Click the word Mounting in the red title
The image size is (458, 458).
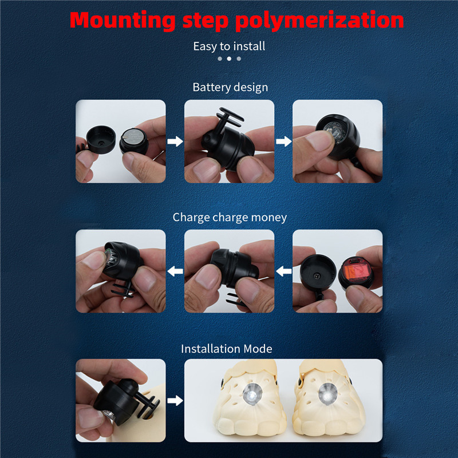tap(123, 21)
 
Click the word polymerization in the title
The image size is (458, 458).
tap(319, 21)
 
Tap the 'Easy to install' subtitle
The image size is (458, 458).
tap(230, 46)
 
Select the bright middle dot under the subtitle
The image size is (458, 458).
tap(230, 59)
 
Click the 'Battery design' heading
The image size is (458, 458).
tap(230, 88)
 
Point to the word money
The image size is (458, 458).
tap(269, 218)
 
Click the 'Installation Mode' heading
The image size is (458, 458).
tap(227, 349)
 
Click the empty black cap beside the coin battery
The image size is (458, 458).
tap(101, 140)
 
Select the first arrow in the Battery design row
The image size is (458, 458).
tap(175, 141)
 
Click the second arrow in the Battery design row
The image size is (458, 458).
tap(283, 141)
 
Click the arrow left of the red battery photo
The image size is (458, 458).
tap(283, 271)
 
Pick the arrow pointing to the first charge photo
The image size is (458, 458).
tap(175, 271)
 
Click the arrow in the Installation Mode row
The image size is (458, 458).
tap(175, 400)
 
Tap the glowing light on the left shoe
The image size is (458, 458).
tap(252, 394)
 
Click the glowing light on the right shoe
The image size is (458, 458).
tap(327, 394)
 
